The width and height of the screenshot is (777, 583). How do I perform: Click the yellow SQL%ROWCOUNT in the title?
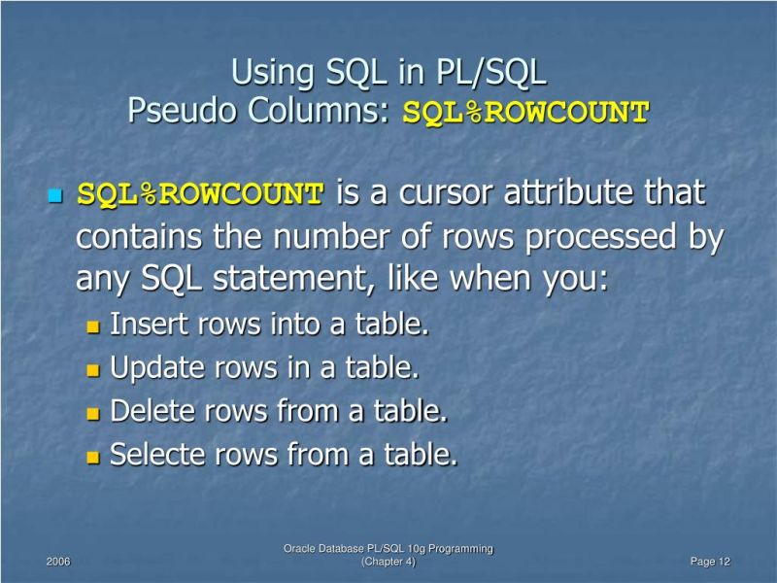coord(525,113)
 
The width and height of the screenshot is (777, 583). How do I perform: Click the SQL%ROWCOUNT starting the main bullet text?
coord(200,194)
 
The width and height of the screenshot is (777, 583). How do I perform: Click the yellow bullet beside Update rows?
coord(94,370)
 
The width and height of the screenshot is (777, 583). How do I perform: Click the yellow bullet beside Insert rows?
coord(94,326)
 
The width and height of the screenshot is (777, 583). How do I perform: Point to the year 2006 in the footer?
coord(58,563)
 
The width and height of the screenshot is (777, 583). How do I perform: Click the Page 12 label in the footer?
coord(710,563)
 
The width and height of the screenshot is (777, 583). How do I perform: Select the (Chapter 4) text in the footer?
coord(388,563)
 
